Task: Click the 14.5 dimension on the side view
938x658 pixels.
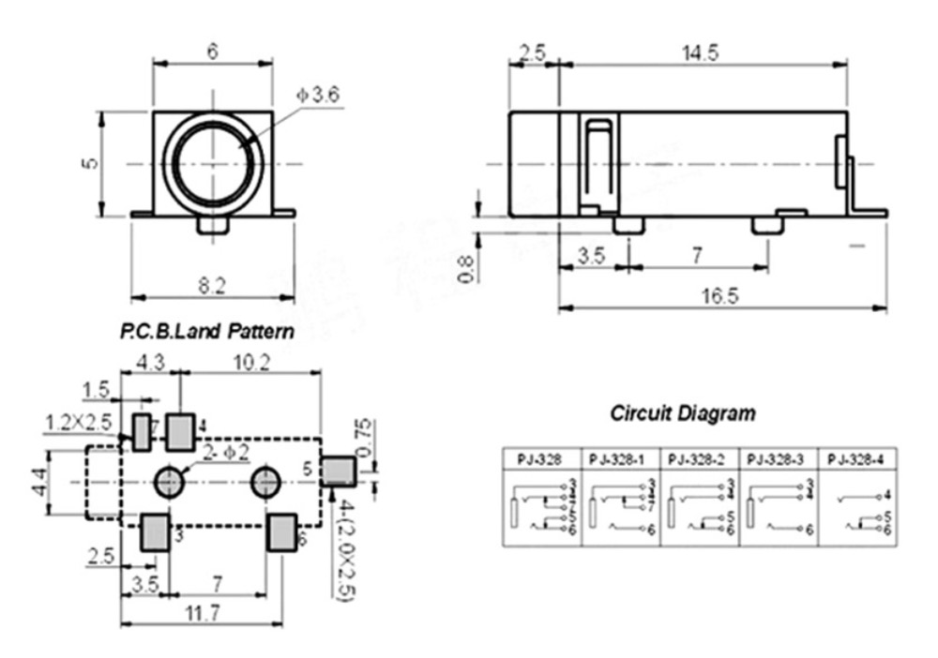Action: [x=699, y=53]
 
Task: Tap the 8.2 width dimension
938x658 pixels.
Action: [x=213, y=287]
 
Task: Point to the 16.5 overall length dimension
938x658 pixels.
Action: [x=719, y=295]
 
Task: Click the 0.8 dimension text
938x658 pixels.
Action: [x=466, y=268]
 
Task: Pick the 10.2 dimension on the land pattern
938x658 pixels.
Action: [x=251, y=362]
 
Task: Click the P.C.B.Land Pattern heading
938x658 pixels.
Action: [x=206, y=331]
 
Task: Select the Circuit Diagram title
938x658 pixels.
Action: [x=682, y=412]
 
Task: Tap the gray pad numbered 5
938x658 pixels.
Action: [x=338, y=470]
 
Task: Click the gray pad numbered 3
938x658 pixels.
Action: [x=155, y=532]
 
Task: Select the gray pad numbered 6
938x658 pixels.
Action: [x=280, y=532]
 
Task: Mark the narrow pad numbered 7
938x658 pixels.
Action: [x=143, y=431]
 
